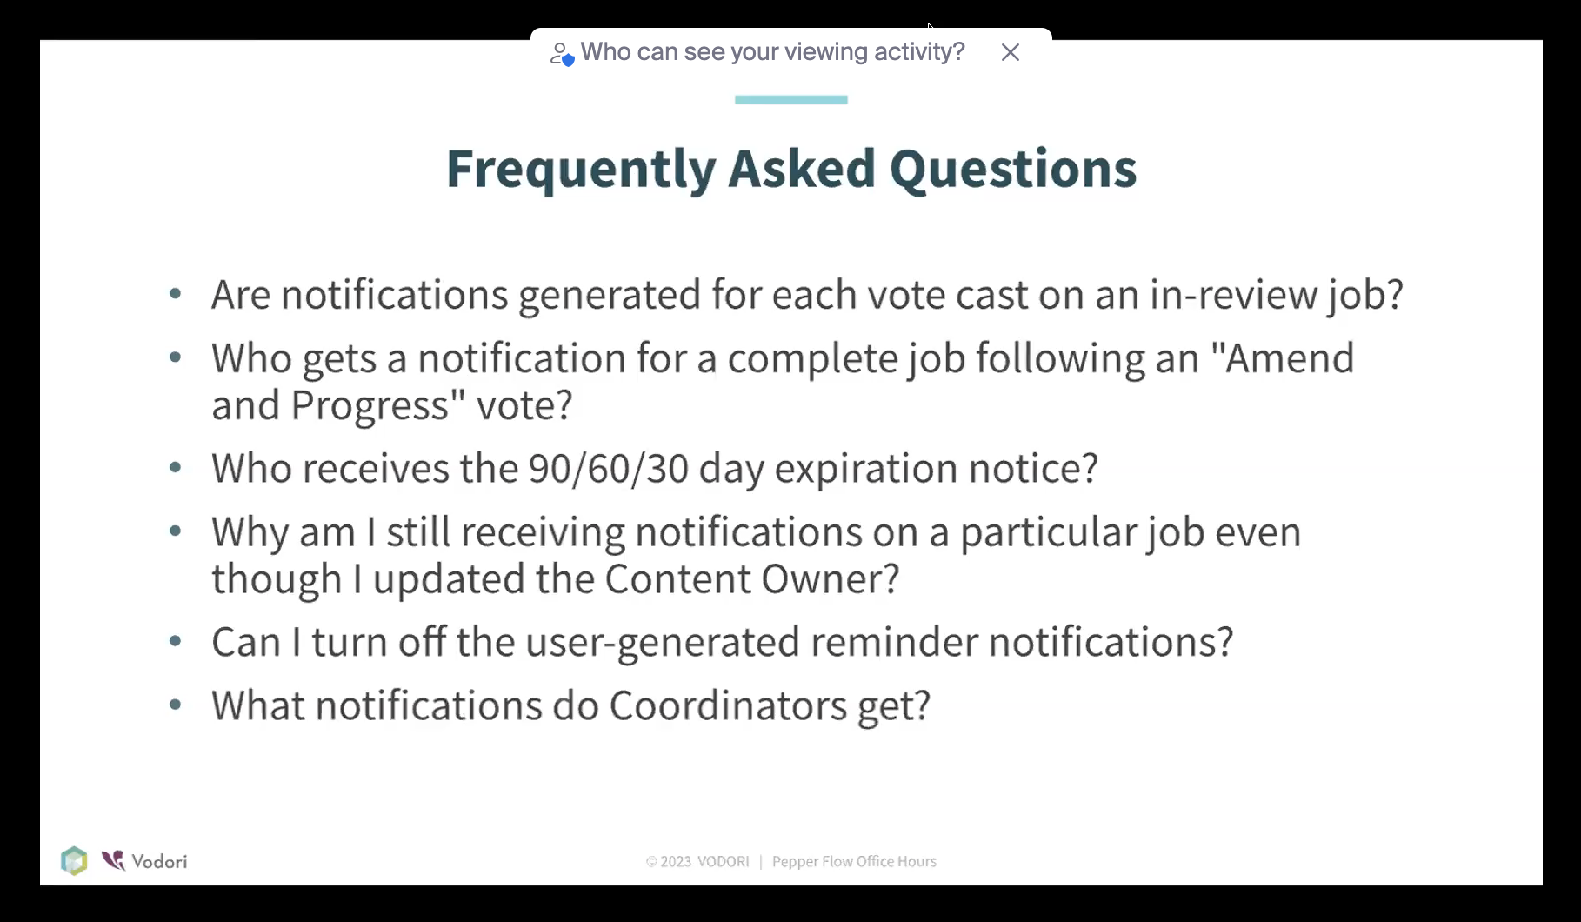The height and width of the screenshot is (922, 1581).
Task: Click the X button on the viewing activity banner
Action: tap(1010, 52)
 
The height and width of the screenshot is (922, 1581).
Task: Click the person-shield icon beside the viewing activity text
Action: tap(562, 54)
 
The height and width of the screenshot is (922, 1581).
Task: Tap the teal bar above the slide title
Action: tap(790, 100)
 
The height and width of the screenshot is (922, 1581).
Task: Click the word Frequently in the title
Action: tap(581, 169)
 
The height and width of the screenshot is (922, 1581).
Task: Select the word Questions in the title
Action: tap(1013, 169)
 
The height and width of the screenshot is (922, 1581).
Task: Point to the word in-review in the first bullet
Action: tap(1233, 294)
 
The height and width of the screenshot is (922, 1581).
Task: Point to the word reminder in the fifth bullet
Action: tap(895, 641)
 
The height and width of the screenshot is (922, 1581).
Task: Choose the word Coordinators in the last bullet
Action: tap(728, 705)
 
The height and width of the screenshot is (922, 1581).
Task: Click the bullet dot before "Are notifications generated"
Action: tap(176, 294)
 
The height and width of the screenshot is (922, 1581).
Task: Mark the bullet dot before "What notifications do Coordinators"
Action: tap(176, 705)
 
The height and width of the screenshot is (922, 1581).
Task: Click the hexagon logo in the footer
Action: tap(74, 860)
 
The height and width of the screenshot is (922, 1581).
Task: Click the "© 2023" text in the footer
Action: tap(669, 861)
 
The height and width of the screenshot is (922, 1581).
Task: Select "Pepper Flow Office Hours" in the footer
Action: tap(854, 861)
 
